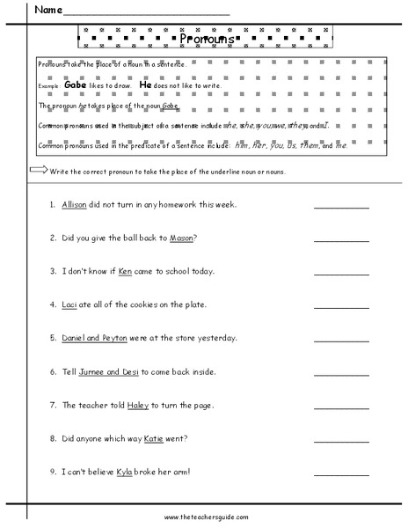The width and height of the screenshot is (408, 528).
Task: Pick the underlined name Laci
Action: [x=70, y=304]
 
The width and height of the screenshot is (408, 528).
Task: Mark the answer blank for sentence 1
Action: [x=341, y=208]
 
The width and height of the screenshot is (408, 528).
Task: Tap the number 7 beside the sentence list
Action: [x=53, y=405]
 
